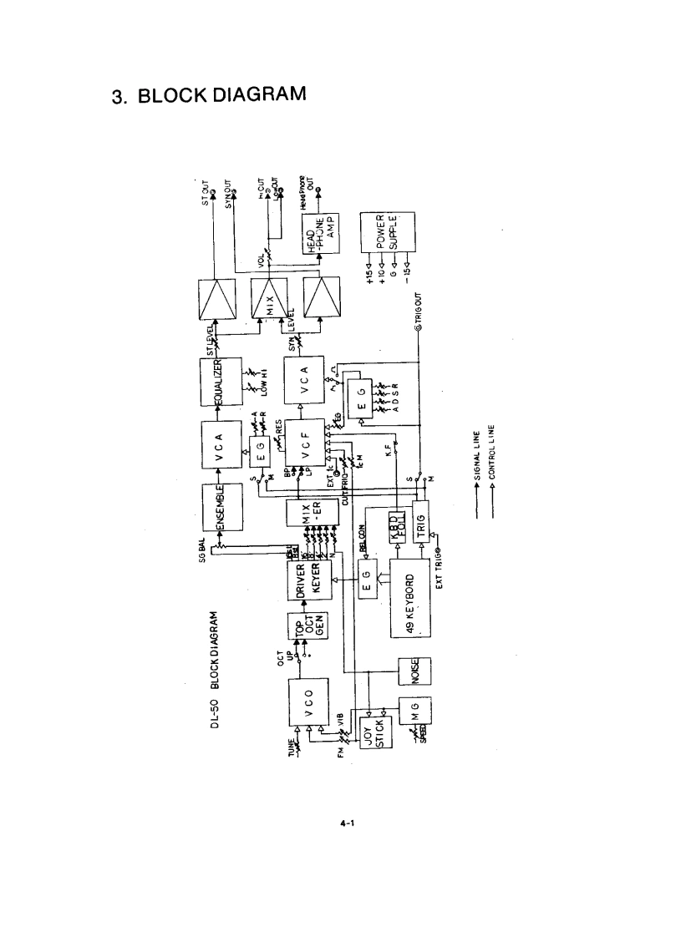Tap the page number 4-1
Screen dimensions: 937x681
point(348,823)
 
